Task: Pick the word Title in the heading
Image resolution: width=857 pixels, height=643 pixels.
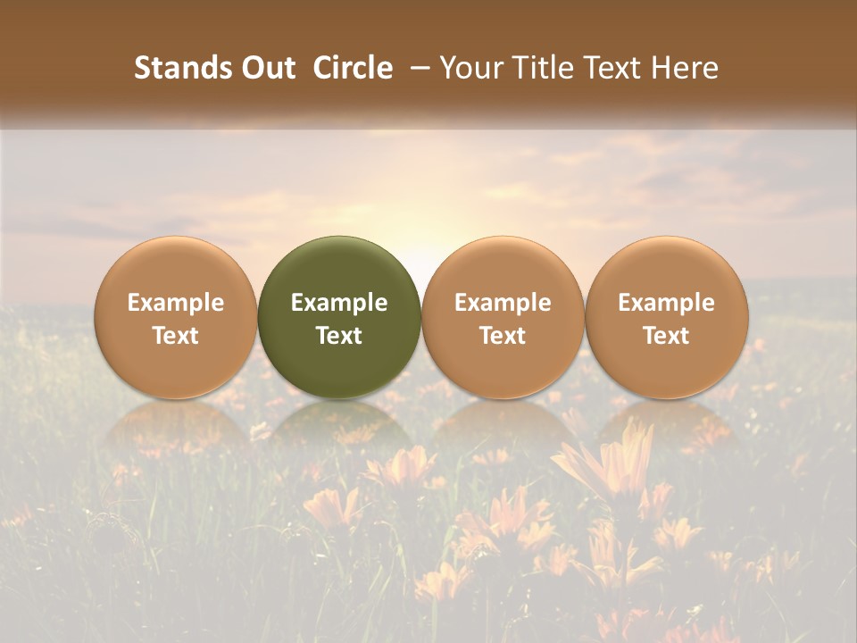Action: (x=534, y=68)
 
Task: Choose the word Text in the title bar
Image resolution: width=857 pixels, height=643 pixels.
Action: (x=604, y=68)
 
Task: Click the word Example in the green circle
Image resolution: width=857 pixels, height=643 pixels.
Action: (x=339, y=303)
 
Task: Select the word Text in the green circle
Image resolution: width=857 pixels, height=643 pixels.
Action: (x=339, y=336)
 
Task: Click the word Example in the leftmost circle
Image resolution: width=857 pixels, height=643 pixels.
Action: (x=175, y=303)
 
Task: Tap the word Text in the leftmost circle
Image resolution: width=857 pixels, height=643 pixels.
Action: (x=175, y=336)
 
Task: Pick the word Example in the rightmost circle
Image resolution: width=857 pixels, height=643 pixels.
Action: (x=666, y=303)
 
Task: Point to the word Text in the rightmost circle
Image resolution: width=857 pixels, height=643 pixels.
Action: (x=666, y=336)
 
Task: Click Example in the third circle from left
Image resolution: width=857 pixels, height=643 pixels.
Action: (x=503, y=303)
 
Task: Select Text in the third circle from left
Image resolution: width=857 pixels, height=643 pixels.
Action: (x=503, y=336)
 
